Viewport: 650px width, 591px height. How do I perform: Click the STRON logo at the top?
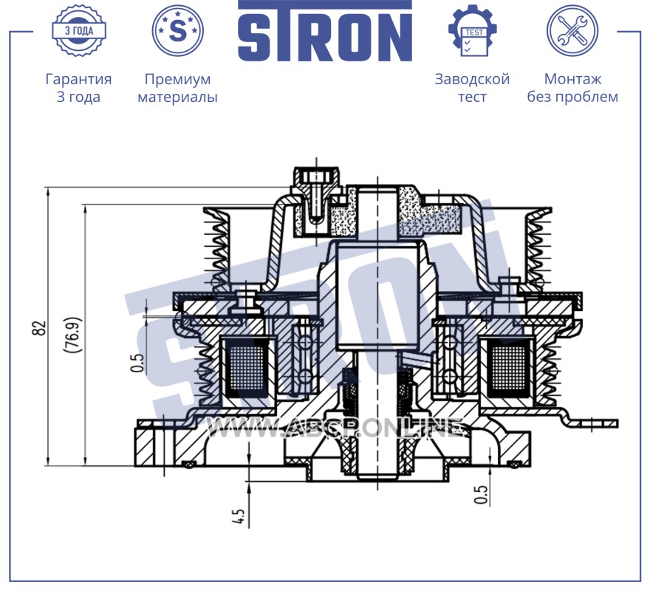325,31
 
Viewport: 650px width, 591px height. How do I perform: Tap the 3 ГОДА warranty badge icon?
79,30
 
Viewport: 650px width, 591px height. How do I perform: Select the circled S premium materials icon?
177,30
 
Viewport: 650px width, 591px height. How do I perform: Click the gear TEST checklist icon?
473,30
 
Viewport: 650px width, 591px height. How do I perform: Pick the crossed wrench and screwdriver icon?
572,30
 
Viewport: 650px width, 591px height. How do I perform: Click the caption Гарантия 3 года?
78,87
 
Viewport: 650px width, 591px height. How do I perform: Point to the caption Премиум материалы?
177,87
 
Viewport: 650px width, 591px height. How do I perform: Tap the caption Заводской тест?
472,87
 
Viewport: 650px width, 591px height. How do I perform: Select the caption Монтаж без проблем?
572,87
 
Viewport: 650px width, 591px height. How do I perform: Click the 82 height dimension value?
39,328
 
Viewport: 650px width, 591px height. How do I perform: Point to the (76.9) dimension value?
72,335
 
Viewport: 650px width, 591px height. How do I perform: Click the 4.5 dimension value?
239,516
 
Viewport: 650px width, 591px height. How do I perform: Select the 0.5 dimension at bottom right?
481,494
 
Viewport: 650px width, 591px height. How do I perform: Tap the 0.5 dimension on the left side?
137,362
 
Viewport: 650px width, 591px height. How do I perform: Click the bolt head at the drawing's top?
317,177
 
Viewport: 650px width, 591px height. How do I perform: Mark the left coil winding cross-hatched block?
247,367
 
